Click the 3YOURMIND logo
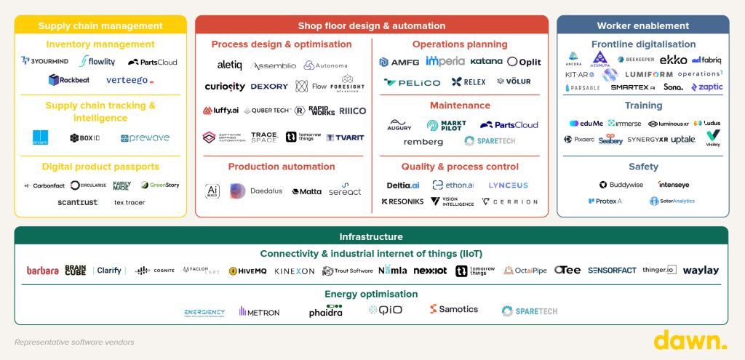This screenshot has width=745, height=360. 44,62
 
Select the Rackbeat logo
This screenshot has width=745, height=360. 69,80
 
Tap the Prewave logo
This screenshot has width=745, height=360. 145,137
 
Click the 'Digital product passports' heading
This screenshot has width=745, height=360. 100,167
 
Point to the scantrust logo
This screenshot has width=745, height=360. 78,202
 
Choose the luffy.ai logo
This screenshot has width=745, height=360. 221,111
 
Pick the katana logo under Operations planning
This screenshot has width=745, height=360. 486,62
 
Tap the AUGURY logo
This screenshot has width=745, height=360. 399,125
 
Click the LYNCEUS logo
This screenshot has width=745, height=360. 508,185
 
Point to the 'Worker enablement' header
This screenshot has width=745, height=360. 643,25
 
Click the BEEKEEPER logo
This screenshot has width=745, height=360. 634,60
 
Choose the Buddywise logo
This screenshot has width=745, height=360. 621,185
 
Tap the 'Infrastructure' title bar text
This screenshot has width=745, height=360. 371,236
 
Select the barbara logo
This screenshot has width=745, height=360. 43,271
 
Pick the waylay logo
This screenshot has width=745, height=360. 701,271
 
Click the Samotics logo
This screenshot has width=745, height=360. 454,309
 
